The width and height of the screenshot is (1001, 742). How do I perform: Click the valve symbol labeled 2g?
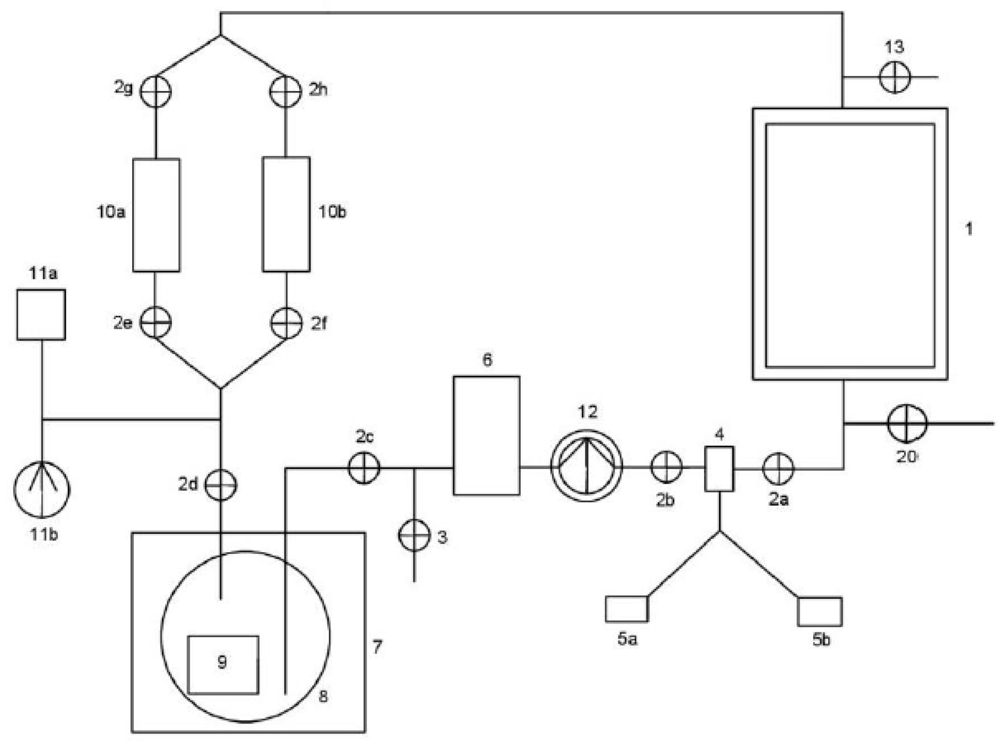pyautogui.click(x=156, y=91)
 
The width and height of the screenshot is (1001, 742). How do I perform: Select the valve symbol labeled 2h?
pyautogui.click(x=285, y=91)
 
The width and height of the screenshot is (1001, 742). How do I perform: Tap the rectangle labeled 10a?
pyautogui.click(x=156, y=215)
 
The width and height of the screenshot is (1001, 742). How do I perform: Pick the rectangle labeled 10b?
pyautogui.click(x=286, y=214)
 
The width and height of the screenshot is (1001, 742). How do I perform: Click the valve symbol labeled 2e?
pyautogui.click(x=156, y=322)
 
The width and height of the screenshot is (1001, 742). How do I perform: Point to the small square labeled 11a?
pyautogui.click(x=42, y=314)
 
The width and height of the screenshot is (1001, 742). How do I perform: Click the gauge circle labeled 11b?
pyautogui.click(x=42, y=489)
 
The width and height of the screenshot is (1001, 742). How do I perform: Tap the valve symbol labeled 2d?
pyautogui.click(x=220, y=485)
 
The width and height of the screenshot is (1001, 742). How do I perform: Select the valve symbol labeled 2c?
pyautogui.click(x=364, y=468)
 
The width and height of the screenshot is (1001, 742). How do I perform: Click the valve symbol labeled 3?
pyautogui.click(x=414, y=535)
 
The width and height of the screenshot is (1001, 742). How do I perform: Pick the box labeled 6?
pyautogui.click(x=486, y=435)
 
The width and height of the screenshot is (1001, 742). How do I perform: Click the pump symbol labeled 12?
pyautogui.click(x=586, y=466)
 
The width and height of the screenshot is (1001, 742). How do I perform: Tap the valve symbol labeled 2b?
pyautogui.click(x=666, y=467)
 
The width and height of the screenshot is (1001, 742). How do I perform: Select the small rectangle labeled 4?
pyautogui.click(x=719, y=469)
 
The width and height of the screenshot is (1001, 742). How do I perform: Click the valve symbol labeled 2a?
pyautogui.click(x=778, y=469)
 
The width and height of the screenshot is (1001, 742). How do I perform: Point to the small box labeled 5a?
pyautogui.click(x=626, y=609)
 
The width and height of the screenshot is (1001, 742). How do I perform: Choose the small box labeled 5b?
pyautogui.click(x=819, y=611)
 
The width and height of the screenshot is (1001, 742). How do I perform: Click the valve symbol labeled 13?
pyautogui.click(x=894, y=77)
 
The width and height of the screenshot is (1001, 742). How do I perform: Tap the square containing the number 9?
pyautogui.click(x=223, y=665)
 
